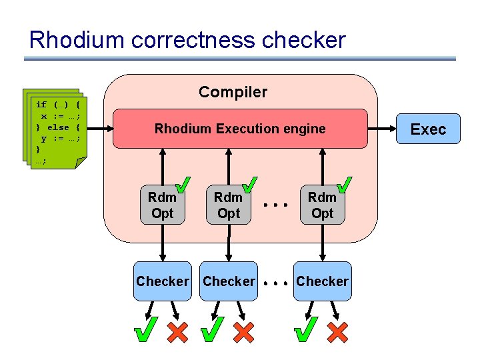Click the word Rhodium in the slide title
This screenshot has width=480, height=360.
[77, 39]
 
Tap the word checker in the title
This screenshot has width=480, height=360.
[304, 39]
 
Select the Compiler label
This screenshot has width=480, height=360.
[233, 92]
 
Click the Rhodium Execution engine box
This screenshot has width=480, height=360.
[240, 129]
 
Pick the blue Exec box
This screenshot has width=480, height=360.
[428, 129]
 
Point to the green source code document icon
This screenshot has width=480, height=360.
[55, 129]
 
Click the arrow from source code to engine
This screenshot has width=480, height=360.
[101, 129]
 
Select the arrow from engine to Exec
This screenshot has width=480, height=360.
[382, 129]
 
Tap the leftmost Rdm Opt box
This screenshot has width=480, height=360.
[162, 205]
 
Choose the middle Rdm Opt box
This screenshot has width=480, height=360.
[229, 205]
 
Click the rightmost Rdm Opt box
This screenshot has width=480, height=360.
[323, 205]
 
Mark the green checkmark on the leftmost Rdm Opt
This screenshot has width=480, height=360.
[183, 185]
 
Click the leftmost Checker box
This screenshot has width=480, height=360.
[163, 281]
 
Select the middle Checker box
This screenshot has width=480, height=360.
[229, 281]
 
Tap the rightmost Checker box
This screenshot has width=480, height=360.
[323, 281]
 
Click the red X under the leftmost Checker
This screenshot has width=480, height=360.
[177, 332]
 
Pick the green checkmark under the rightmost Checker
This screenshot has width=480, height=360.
[306, 329]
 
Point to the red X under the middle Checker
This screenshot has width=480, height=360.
[244, 332]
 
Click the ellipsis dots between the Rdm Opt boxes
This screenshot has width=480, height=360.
[275, 205]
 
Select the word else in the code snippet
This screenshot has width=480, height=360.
[58, 127]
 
